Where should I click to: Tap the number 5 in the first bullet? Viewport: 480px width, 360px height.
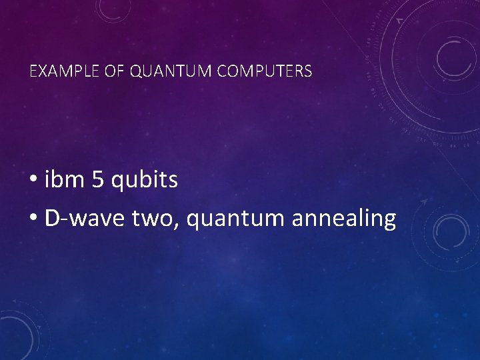click(97, 180)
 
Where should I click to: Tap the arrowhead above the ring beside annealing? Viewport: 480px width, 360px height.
click(424, 199)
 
